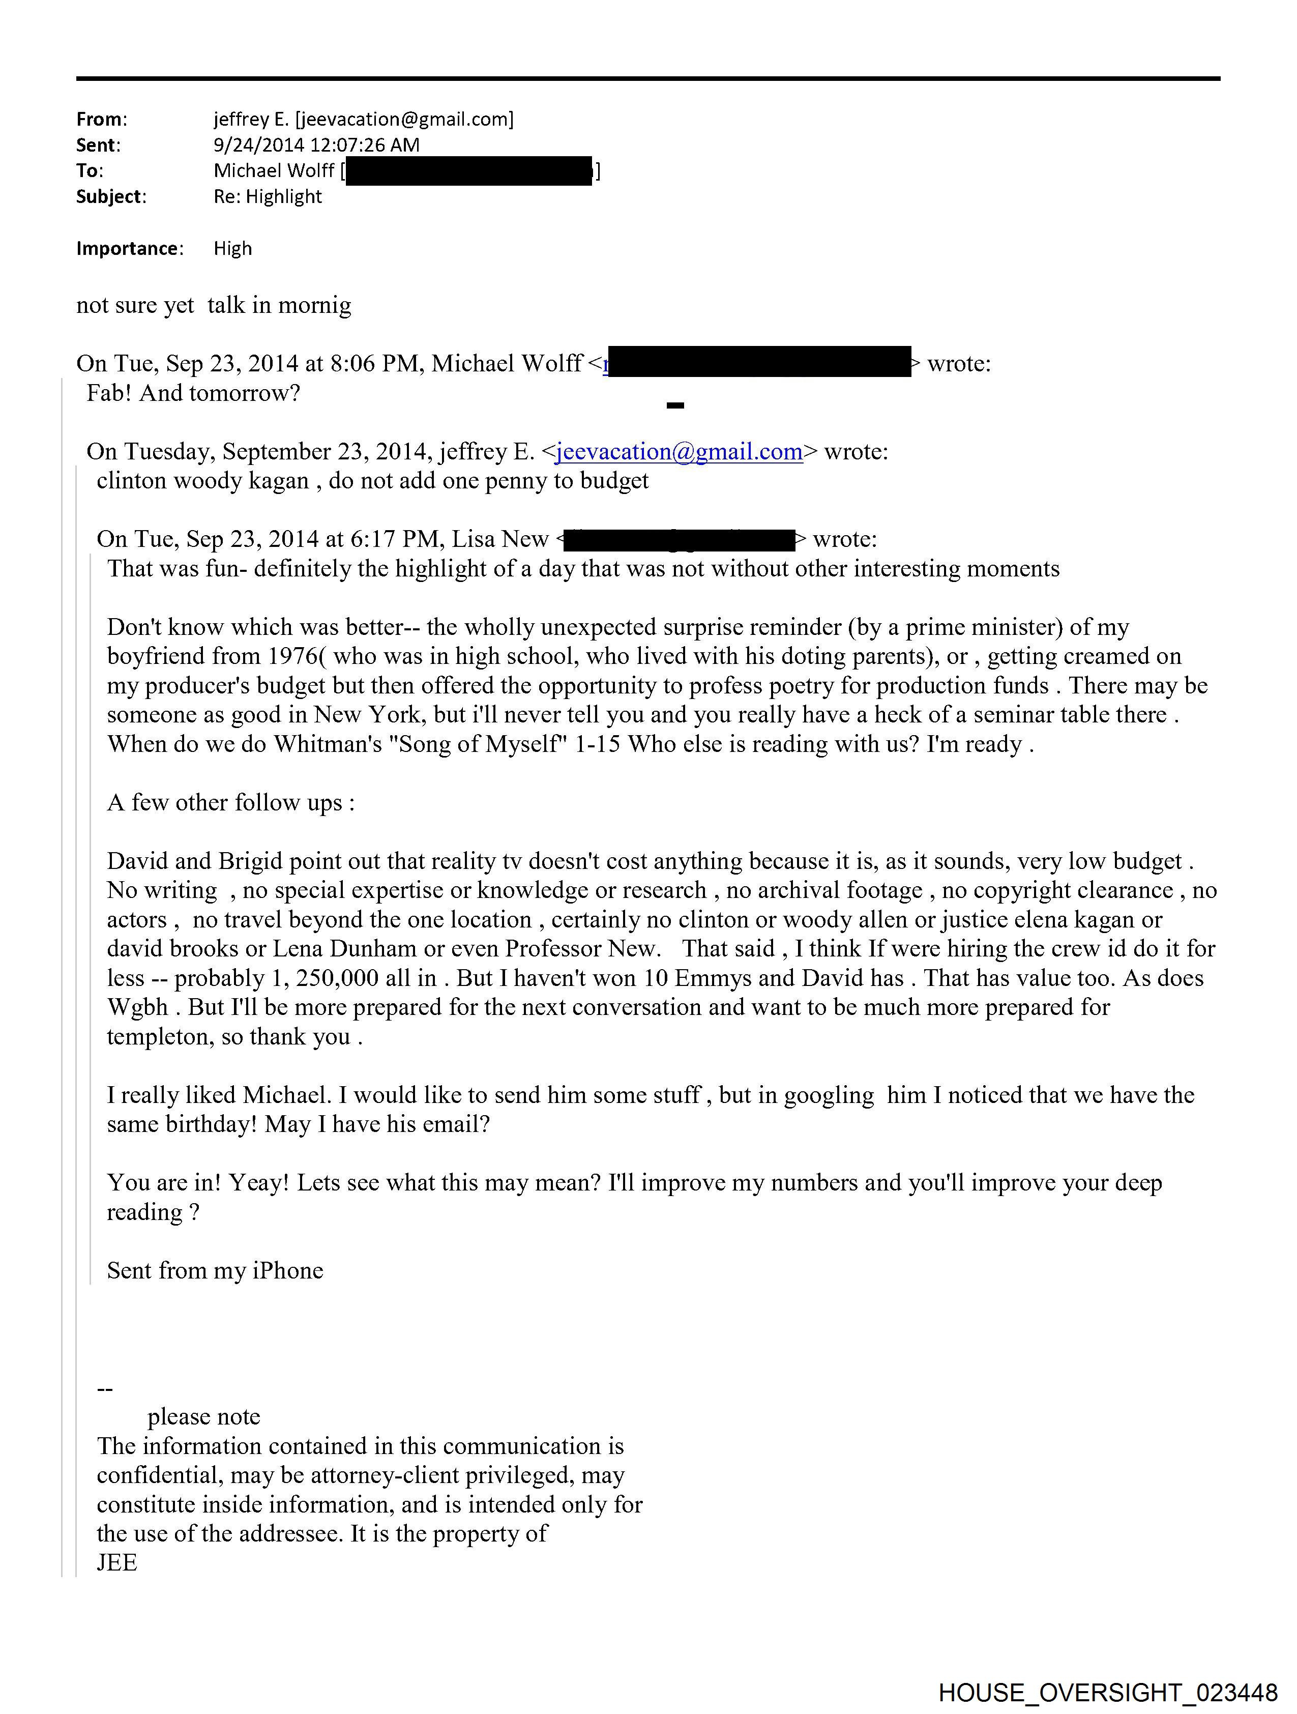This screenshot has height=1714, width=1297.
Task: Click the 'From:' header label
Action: click(x=101, y=120)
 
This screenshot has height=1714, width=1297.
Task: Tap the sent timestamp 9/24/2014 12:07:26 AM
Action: click(x=316, y=145)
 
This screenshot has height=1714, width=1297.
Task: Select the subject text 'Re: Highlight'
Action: click(x=268, y=197)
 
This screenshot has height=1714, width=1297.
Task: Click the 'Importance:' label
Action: click(x=129, y=249)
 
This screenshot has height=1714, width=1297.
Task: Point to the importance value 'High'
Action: click(x=232, y=249)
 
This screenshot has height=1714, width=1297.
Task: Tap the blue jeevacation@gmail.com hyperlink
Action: click(x=679, y=452)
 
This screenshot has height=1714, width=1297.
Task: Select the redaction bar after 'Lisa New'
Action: click(x=679, y=539)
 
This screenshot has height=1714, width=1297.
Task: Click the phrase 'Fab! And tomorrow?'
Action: click(x=193, y=394)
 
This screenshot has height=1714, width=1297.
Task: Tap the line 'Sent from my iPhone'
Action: click(x=215, y=1271)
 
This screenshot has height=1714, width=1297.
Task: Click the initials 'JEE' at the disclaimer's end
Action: click(x=116, y=1563)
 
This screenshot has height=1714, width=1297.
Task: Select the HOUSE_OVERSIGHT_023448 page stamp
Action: click(x=1107, y=1693)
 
